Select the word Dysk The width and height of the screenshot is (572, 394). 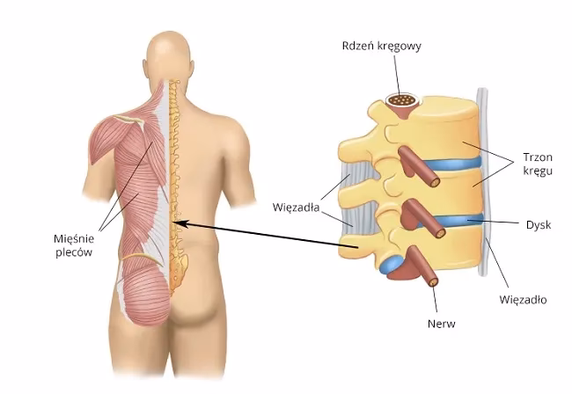(x=536, y=225)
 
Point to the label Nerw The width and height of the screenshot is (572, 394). (x=444, y=324)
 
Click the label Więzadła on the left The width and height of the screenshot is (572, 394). (x=297, y=209)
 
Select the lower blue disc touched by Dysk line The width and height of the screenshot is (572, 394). (x=458, y=220)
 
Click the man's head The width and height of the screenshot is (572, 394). (x=170, y=58)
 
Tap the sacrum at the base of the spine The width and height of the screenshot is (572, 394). (x=179, y=264)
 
